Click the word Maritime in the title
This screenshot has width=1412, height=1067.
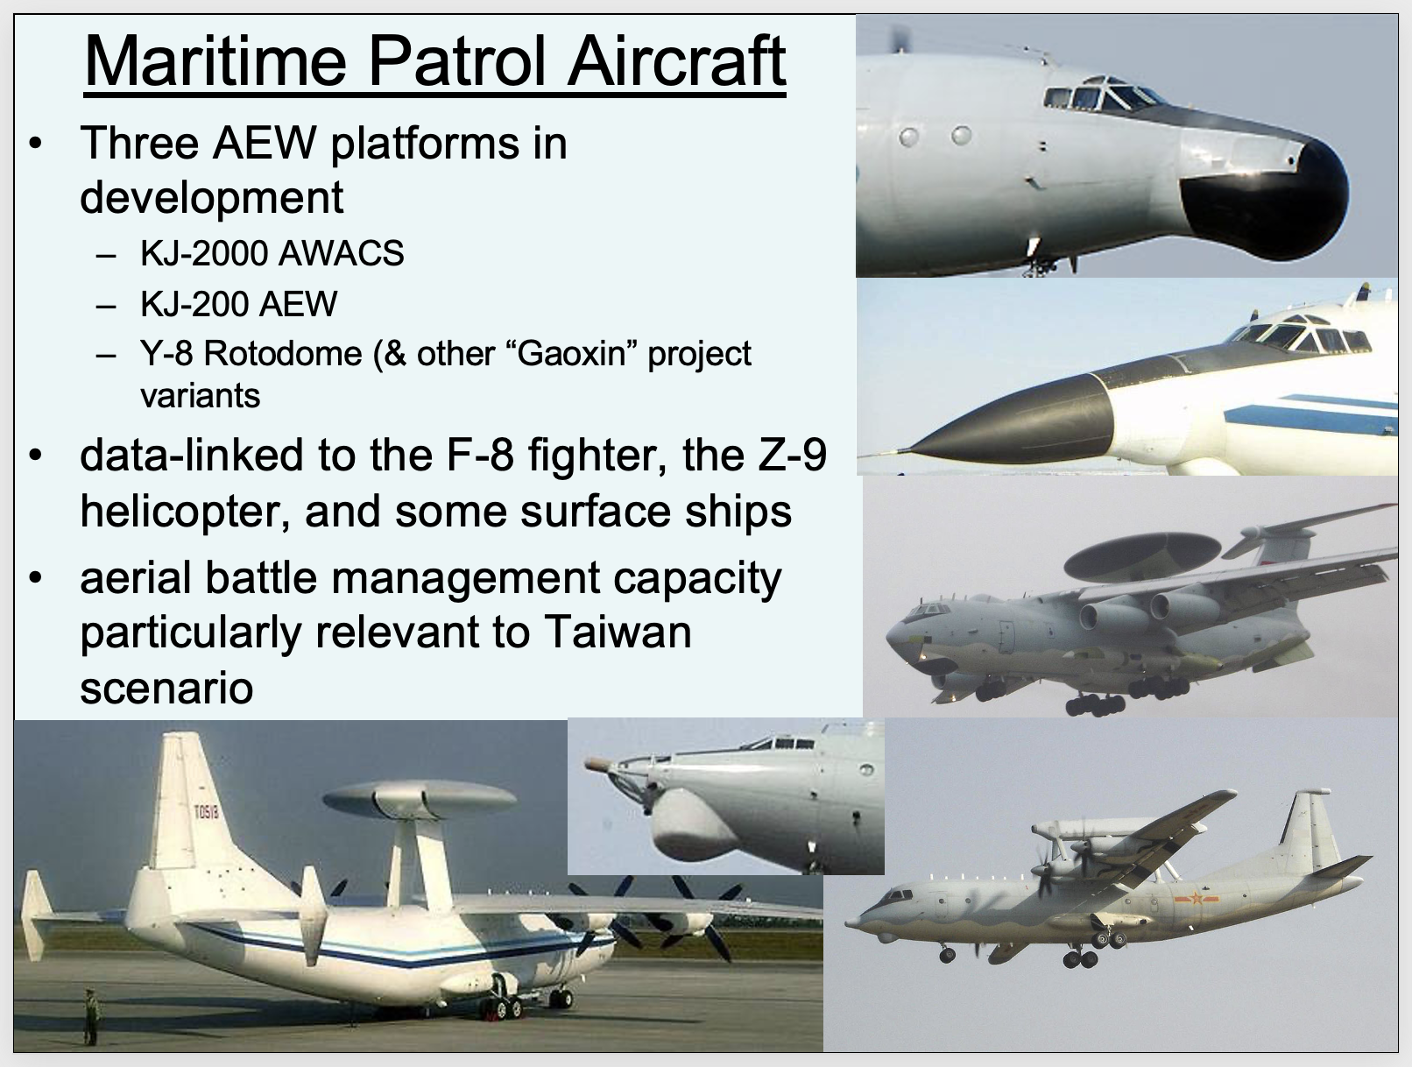(x=215, y=61)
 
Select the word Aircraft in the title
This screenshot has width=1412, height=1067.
(x=676, y=61)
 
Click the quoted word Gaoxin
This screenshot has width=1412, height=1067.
(x=571, y=353)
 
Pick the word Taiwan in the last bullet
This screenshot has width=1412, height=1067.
(x=618, y=632)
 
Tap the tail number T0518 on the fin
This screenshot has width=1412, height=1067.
(x=206, y=812)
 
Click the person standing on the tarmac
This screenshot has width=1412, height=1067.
(x=91, y=1016)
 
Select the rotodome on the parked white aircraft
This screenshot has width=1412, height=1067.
(x=420, y=799)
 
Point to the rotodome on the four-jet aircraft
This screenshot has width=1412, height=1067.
(x=1142, y=553)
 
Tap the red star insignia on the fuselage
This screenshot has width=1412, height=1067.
(x=1197, y=898)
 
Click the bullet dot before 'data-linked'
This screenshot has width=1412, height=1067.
(x=35, y=455)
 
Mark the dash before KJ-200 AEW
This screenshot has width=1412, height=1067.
(x=106, y=306)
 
